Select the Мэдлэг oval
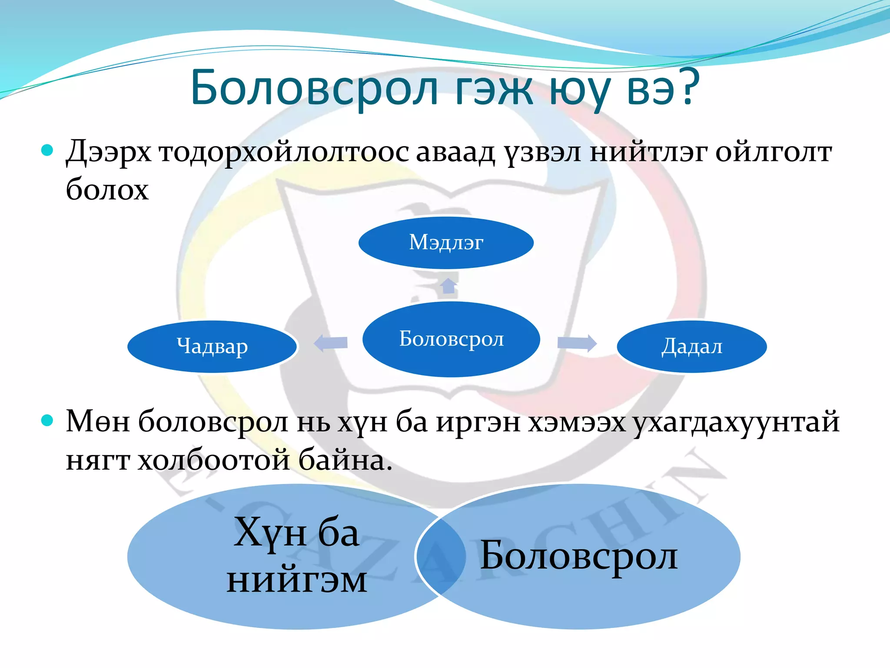pyautogui.click(x=446, y=242)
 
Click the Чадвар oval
pyautogui.click(x=212, y=347)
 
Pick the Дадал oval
pyautogui.click(x=692, y=347)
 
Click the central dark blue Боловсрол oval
pyautogui.click(x=451, y=339)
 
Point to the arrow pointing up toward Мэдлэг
pyautogui.click(x=448, y=285)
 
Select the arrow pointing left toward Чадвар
pyautogui.click(x=331, y=343)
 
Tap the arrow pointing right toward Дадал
pyautogui.click(x=577, y=343)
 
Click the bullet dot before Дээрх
pyautogui.click(x=47, y=150)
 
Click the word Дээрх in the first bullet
pyautogui.click(x=109, y=152)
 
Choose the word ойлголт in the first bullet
pyautogui.click(x=774, y=152)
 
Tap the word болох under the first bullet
pyautogui.click(x=107, y=190)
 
